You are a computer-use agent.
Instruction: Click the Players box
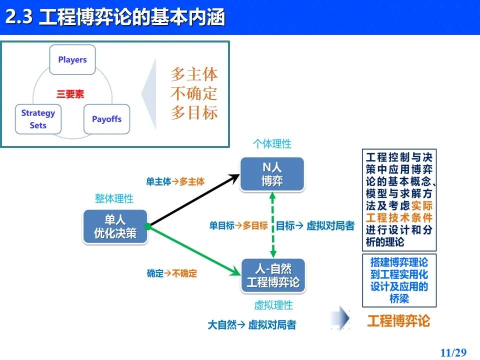72,59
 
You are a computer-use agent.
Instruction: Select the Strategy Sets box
38,119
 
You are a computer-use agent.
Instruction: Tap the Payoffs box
107,119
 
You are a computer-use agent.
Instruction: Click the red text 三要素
70,94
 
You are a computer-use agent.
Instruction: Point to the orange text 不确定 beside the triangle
194,93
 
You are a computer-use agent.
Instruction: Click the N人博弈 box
272,174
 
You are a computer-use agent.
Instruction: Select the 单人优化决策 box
115,226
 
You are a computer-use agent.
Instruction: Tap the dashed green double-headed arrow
273,225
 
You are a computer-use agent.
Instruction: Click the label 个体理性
272,143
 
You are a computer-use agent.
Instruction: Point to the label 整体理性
114,198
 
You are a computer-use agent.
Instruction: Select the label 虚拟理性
273,305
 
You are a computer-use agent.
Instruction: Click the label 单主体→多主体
175,181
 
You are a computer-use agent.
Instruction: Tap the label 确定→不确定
171,273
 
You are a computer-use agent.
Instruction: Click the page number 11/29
453,352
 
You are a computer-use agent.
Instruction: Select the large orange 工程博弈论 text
398,321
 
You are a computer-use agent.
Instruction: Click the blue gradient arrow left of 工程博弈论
340,318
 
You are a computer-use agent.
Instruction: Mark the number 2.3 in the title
19,16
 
